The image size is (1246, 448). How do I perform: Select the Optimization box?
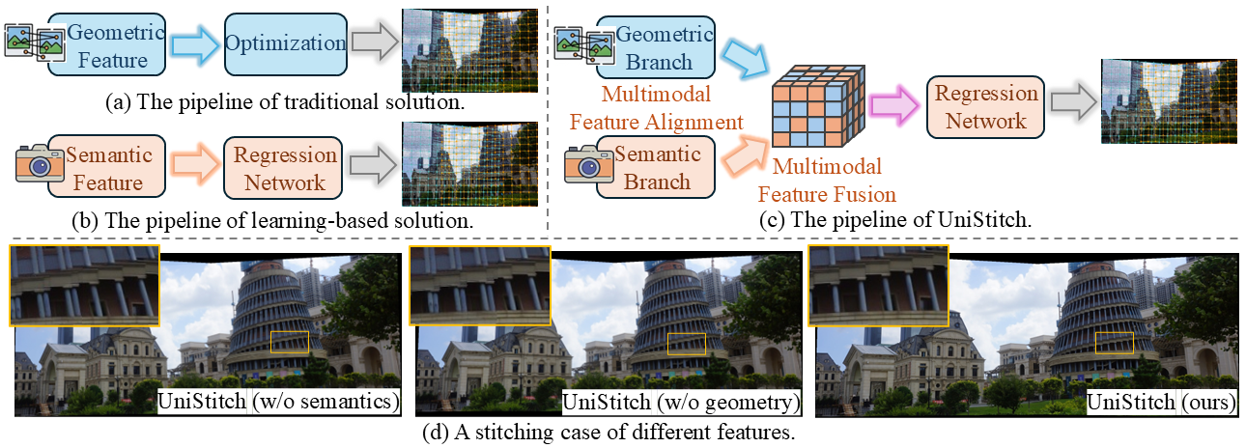(x=285, y=43)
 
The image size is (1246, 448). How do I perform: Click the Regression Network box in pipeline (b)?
(x=285, y=168)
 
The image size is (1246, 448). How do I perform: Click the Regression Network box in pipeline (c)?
(x=985, y=106)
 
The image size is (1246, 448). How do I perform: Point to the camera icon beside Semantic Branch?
(x=587, y=165)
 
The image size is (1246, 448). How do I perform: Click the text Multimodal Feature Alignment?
(x=657, y=109)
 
